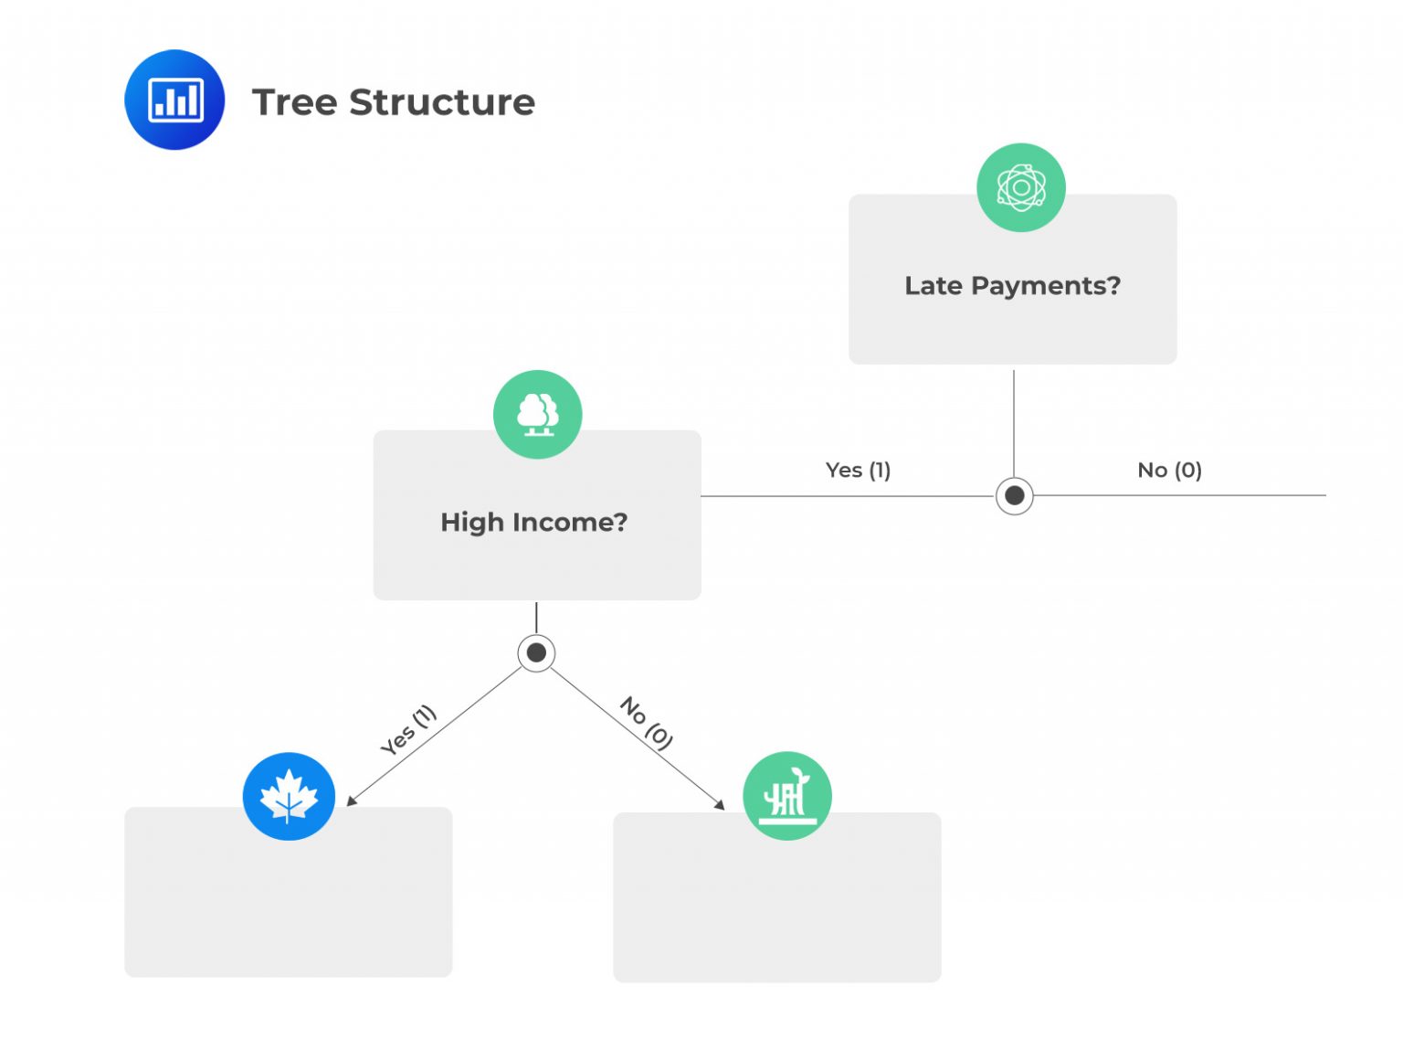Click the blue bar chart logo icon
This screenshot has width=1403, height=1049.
click(174, 100)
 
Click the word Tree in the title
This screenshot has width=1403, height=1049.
click(294, 102)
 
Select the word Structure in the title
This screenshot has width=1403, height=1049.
click(442, 102)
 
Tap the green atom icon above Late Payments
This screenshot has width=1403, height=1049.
click(1020, 187)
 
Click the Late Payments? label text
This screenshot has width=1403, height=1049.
click(1012, 286)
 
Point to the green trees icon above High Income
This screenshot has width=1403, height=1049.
click(537, 414)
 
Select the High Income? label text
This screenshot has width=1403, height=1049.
click(534, 522)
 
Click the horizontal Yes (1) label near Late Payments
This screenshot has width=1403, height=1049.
click(858, 470)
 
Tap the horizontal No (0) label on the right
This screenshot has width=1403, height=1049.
click(1169, 470)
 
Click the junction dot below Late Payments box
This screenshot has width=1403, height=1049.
click(1014, 496)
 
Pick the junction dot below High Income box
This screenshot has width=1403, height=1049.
click(536, 652)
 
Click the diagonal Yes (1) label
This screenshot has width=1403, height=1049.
click(408, 729)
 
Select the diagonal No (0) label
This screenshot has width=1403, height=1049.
click(647, 723)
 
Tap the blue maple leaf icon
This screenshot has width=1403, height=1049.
click(289, 796)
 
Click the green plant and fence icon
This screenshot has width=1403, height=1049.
click(786, 796)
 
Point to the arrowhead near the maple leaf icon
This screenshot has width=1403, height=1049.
click(352, 801)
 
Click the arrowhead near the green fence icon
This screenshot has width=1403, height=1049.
click(720, 804)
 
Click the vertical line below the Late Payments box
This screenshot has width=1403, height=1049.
click(1014, 420)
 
